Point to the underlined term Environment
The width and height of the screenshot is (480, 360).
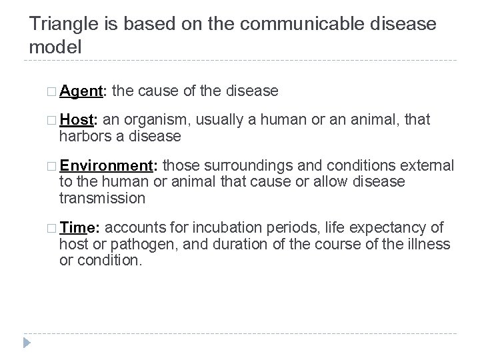(x=109, y=166)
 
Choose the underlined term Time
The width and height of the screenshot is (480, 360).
(x=76, y=227)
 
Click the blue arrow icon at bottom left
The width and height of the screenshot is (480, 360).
(x=27, y=343)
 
